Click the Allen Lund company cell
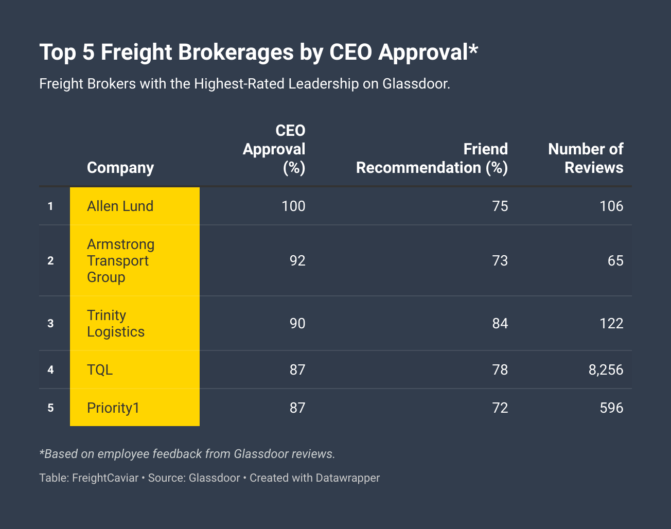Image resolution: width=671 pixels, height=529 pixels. point(120,206)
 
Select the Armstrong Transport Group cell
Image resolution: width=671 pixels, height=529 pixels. point(120,260)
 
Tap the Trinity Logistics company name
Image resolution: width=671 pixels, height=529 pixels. point(116,323)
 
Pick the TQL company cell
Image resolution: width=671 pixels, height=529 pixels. point(100,369)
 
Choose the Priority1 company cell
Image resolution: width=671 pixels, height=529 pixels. point(113,408)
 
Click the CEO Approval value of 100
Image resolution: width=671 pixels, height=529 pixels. point(293,206)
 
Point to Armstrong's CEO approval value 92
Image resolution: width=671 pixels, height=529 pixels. point(297,260)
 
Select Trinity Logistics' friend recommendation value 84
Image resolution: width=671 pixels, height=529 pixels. point(500,323)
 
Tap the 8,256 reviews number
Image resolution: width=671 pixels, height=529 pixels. point(606,369)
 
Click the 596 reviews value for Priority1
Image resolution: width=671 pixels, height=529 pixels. point(611,408)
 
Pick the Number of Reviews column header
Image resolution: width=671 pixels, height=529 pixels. point(586,158)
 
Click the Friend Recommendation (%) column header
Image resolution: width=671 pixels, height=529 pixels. point(432,158)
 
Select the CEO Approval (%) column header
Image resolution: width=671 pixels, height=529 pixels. point(275,149)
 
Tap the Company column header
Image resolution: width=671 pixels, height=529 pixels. point(120,167)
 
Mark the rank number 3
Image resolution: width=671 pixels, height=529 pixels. point(50,323)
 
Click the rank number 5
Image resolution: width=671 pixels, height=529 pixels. point(50,408)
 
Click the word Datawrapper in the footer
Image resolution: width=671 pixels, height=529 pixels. point(348,478)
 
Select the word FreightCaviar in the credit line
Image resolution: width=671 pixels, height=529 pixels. point(105,478)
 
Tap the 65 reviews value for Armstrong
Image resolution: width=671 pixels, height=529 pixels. point(615,260)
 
